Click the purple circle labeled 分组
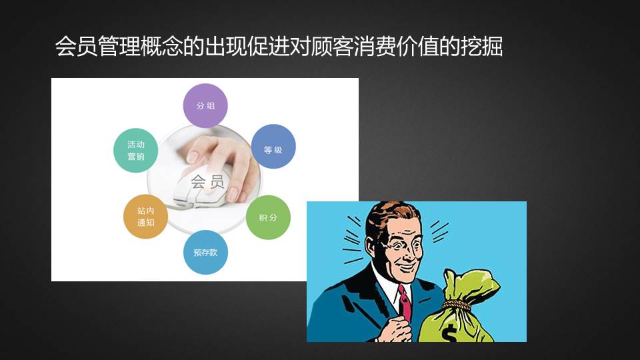tap(205, 106)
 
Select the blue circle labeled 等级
tap(273, 147)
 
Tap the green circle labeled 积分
tap(268, 217)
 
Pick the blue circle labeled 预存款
tap(205, 252)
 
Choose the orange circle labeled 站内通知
tap(146, 217)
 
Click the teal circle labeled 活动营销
tap(136, 150)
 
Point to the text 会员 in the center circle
tap(207, 182)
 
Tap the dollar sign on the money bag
tap(449, 332)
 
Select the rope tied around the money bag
tap(457, 304)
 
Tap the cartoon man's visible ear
tap(372, 248)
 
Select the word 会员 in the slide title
tap(76, 46)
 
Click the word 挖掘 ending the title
tap(481, 46)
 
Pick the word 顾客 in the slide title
tap(332, 46)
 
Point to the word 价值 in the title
tap(418, 46)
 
